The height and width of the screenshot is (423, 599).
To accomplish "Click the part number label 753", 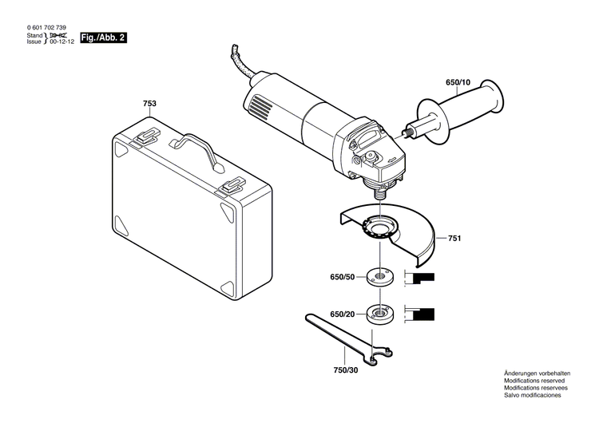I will point(149,105).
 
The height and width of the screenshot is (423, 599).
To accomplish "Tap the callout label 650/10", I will point(458,81).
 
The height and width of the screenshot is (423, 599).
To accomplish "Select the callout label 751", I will point(454,239).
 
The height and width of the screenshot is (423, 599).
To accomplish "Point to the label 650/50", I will point(343,279).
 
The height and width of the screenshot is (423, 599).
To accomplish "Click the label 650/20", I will point(343,314).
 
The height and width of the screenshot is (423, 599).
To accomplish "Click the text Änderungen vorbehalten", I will point(538,375).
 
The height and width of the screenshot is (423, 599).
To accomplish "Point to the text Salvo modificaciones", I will point(532,396).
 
